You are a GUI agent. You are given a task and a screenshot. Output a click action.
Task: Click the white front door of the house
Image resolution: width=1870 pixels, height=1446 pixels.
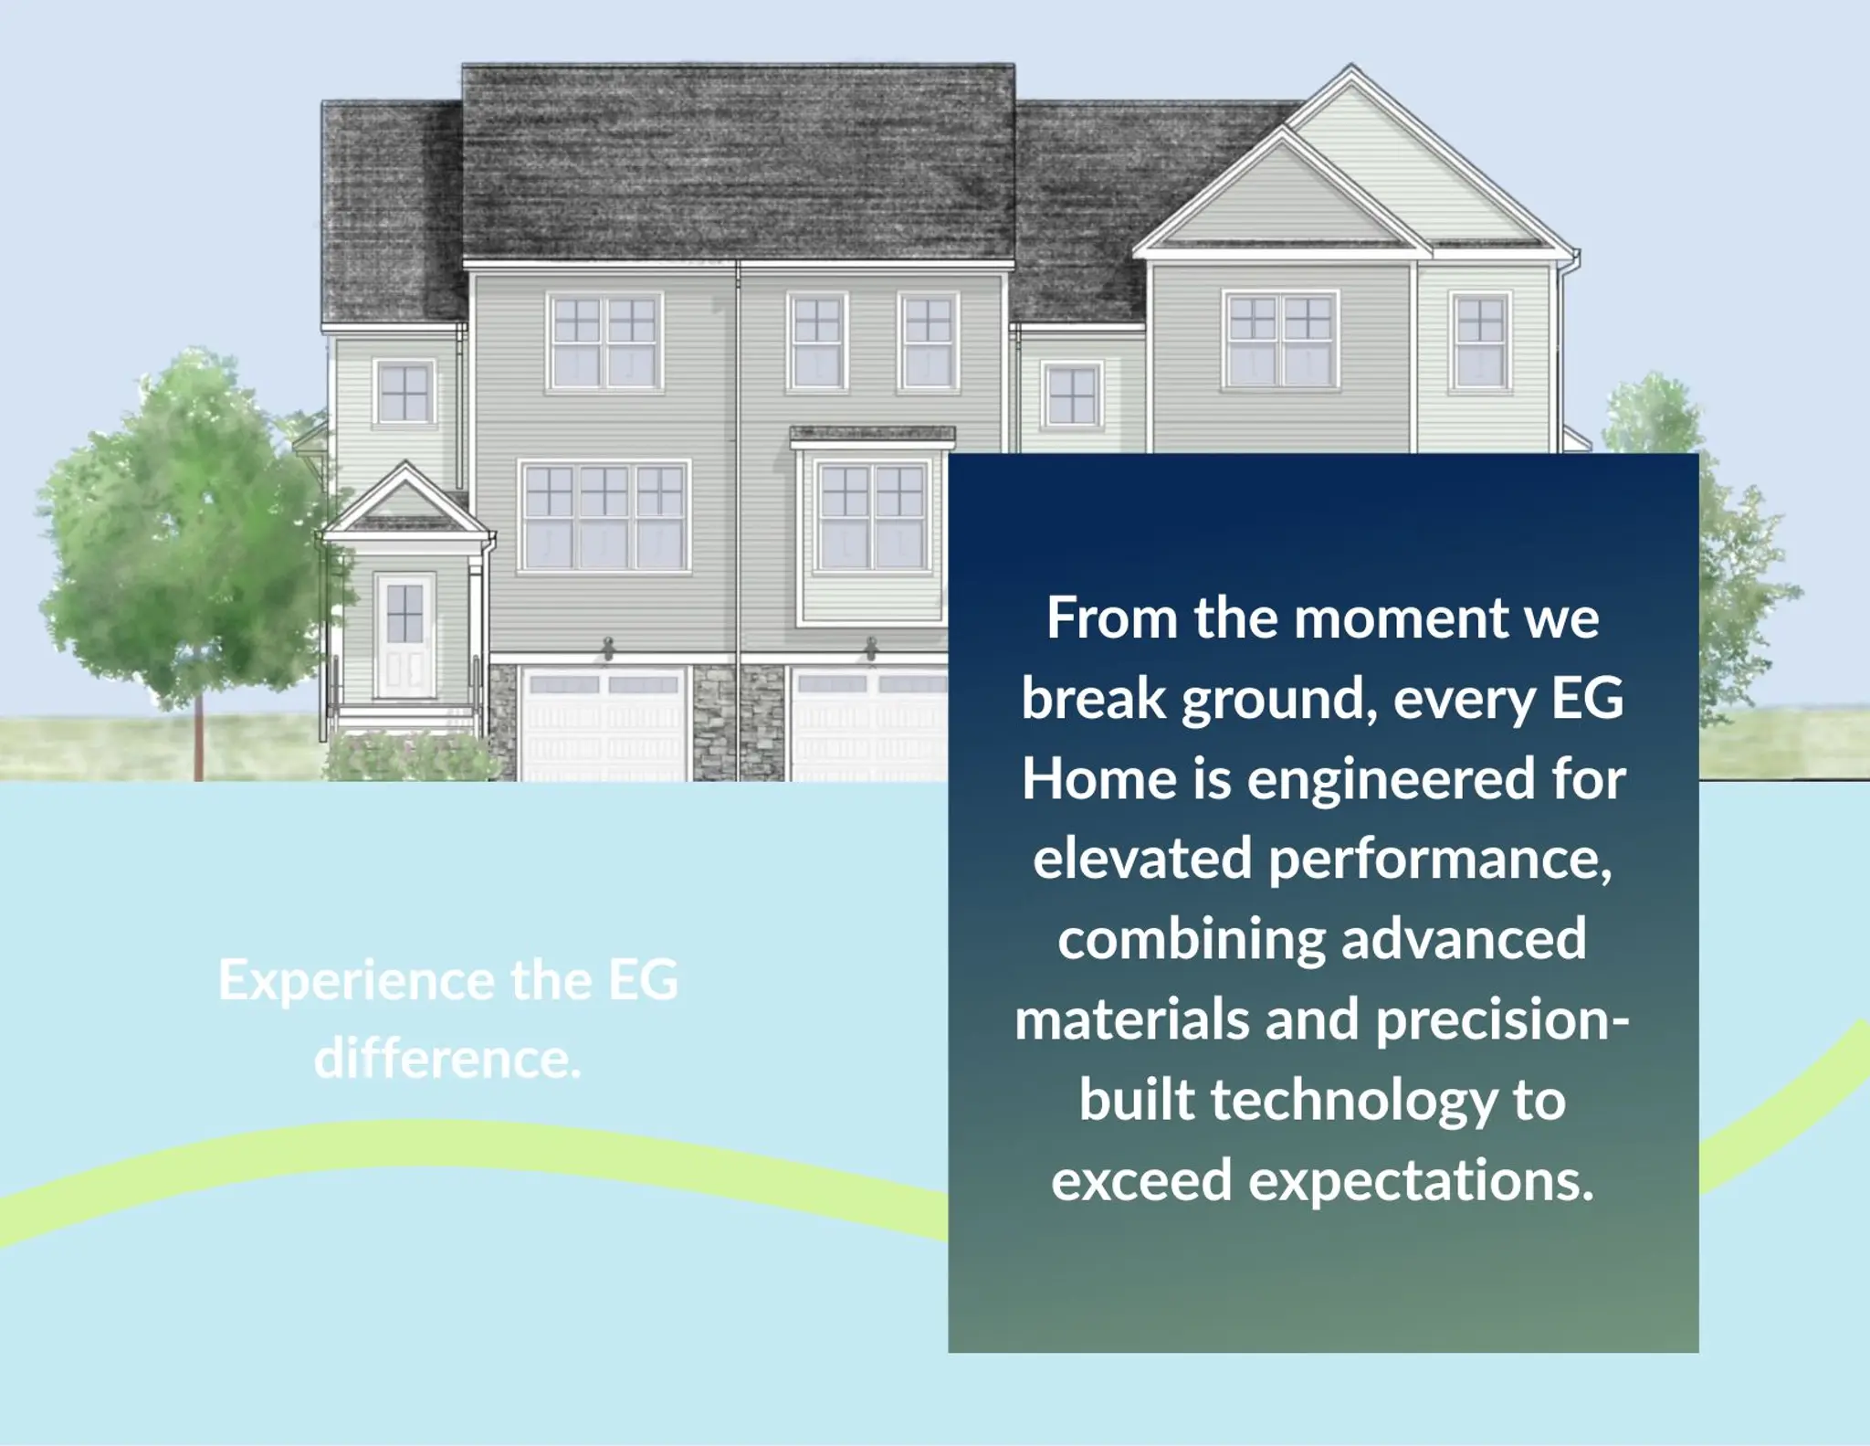click(x=404, y=636)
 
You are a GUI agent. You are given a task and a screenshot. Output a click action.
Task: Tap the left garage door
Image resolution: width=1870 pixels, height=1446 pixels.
click(x=604, y=723)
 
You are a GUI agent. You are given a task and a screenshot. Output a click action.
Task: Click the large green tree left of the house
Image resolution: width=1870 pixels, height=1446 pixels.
click(x=187, y=539)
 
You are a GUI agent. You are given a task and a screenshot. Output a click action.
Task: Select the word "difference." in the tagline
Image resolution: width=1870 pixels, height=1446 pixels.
click(x=447, y=1059)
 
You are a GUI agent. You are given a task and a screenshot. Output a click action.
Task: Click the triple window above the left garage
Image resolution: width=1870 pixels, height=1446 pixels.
click(x=604, y=516)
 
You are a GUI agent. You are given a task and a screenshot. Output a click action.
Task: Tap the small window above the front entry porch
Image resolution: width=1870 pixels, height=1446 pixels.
click(x=404, y=391)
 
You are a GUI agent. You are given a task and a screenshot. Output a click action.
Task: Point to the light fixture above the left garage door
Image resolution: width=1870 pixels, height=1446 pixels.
click(x=608, y=648)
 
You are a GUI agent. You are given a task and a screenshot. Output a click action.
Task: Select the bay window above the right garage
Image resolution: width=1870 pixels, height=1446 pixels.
click(x=872, y=526)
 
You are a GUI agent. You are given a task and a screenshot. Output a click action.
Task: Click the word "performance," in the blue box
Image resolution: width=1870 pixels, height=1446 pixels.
click(x=1440, y=861)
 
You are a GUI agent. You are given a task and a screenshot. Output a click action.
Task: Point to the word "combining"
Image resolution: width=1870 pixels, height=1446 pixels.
click(x=1191, y=942)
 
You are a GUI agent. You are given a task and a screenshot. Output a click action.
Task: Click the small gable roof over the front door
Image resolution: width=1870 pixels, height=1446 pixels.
click(x=404, y=501)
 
